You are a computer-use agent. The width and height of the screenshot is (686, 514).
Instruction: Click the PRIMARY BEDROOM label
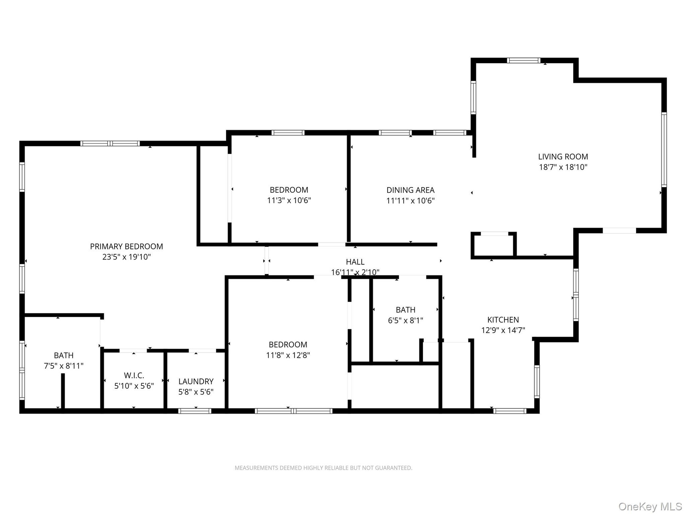click(126, 246)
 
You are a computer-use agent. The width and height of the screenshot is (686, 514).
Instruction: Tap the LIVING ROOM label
click(563, 156)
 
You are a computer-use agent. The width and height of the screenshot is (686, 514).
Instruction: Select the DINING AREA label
click(411, 190)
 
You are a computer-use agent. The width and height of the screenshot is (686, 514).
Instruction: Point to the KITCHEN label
click(503, 320)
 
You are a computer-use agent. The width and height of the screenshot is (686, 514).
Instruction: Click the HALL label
click(355, 262)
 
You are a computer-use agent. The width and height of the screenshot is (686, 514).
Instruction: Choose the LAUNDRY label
click(196, 382)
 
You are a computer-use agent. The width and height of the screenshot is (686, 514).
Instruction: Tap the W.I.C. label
click(134, 376)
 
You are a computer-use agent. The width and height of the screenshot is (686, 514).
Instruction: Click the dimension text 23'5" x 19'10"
click(126, 257)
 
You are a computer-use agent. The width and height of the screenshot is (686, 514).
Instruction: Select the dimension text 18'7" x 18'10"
click(563, 167)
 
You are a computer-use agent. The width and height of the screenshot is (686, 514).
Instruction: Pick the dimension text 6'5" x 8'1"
click(406, 321)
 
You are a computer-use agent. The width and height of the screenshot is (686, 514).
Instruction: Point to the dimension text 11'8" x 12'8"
click(288, 355)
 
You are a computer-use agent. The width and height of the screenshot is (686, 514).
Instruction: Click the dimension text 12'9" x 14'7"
click(503, 330)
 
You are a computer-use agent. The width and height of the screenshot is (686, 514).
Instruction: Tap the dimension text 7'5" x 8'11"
click(64, 366)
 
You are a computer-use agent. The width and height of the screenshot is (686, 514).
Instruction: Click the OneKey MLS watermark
click(650, 507)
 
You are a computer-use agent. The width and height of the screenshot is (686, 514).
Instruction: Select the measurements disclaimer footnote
click(323, 468)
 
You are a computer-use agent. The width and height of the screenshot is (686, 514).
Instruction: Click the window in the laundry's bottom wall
click(195, 411)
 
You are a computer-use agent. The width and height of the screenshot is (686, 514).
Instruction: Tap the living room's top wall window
click(524, 60)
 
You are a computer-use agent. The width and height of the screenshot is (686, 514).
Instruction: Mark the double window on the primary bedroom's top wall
click(110, 143)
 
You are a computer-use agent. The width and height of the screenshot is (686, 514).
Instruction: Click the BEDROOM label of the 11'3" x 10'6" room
click(289, 190)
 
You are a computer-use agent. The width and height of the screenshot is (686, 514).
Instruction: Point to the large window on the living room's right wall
click(664, 150)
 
